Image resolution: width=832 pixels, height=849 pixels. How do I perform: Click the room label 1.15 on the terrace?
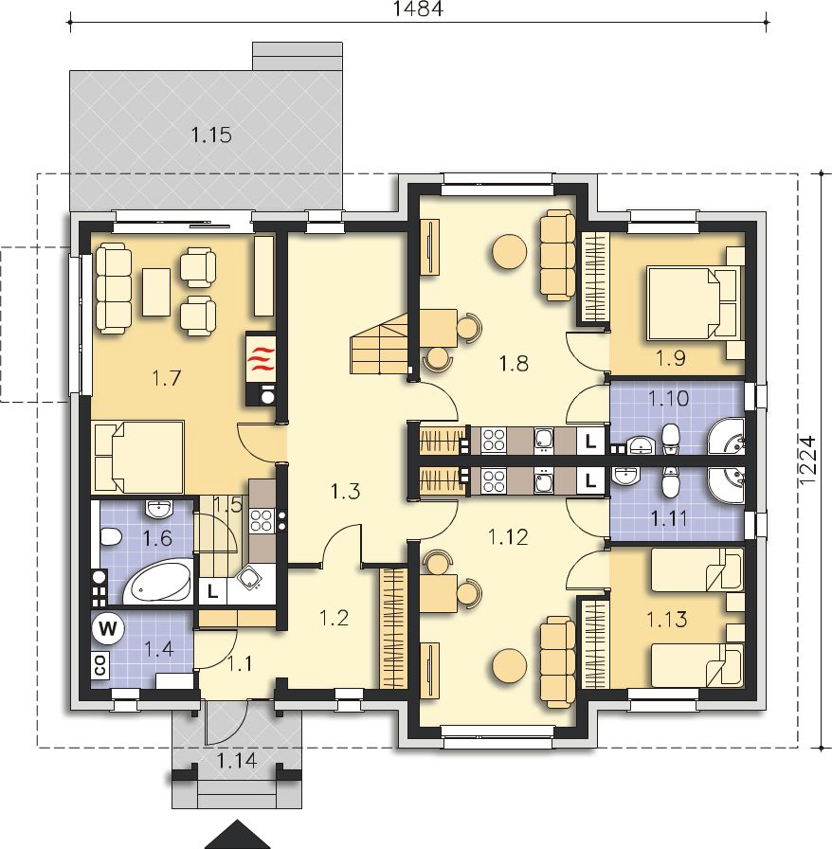pyautogui.click(x=211, y=135)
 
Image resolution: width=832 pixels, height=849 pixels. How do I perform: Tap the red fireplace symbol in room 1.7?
pyautogui.click(x=261, y=358)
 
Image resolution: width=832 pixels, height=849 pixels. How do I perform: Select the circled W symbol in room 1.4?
pyautogui.click(x=108, y=629)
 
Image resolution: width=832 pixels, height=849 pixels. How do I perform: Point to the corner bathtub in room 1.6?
pyautogui.click(x=158, y=583)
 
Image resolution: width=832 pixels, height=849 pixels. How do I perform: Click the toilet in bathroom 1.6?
pyautogui.click(x=111, y=536)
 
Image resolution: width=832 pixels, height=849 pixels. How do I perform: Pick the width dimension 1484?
pyautogui.click(x=418, y=9)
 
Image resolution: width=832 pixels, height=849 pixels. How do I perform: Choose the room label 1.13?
pyautogui.click(x=667, y=619)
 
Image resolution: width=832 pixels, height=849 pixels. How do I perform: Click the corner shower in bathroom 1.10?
pyautogui.click(x=727, y=437)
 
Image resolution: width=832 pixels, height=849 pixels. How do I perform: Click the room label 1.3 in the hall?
pyautogui.click(x=345, y=492)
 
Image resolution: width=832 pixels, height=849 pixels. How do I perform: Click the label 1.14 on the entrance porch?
pyautogui.click(x=237, y=761)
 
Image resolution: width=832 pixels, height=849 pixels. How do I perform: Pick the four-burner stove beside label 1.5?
pyautogui.click(x=262, y=520)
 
